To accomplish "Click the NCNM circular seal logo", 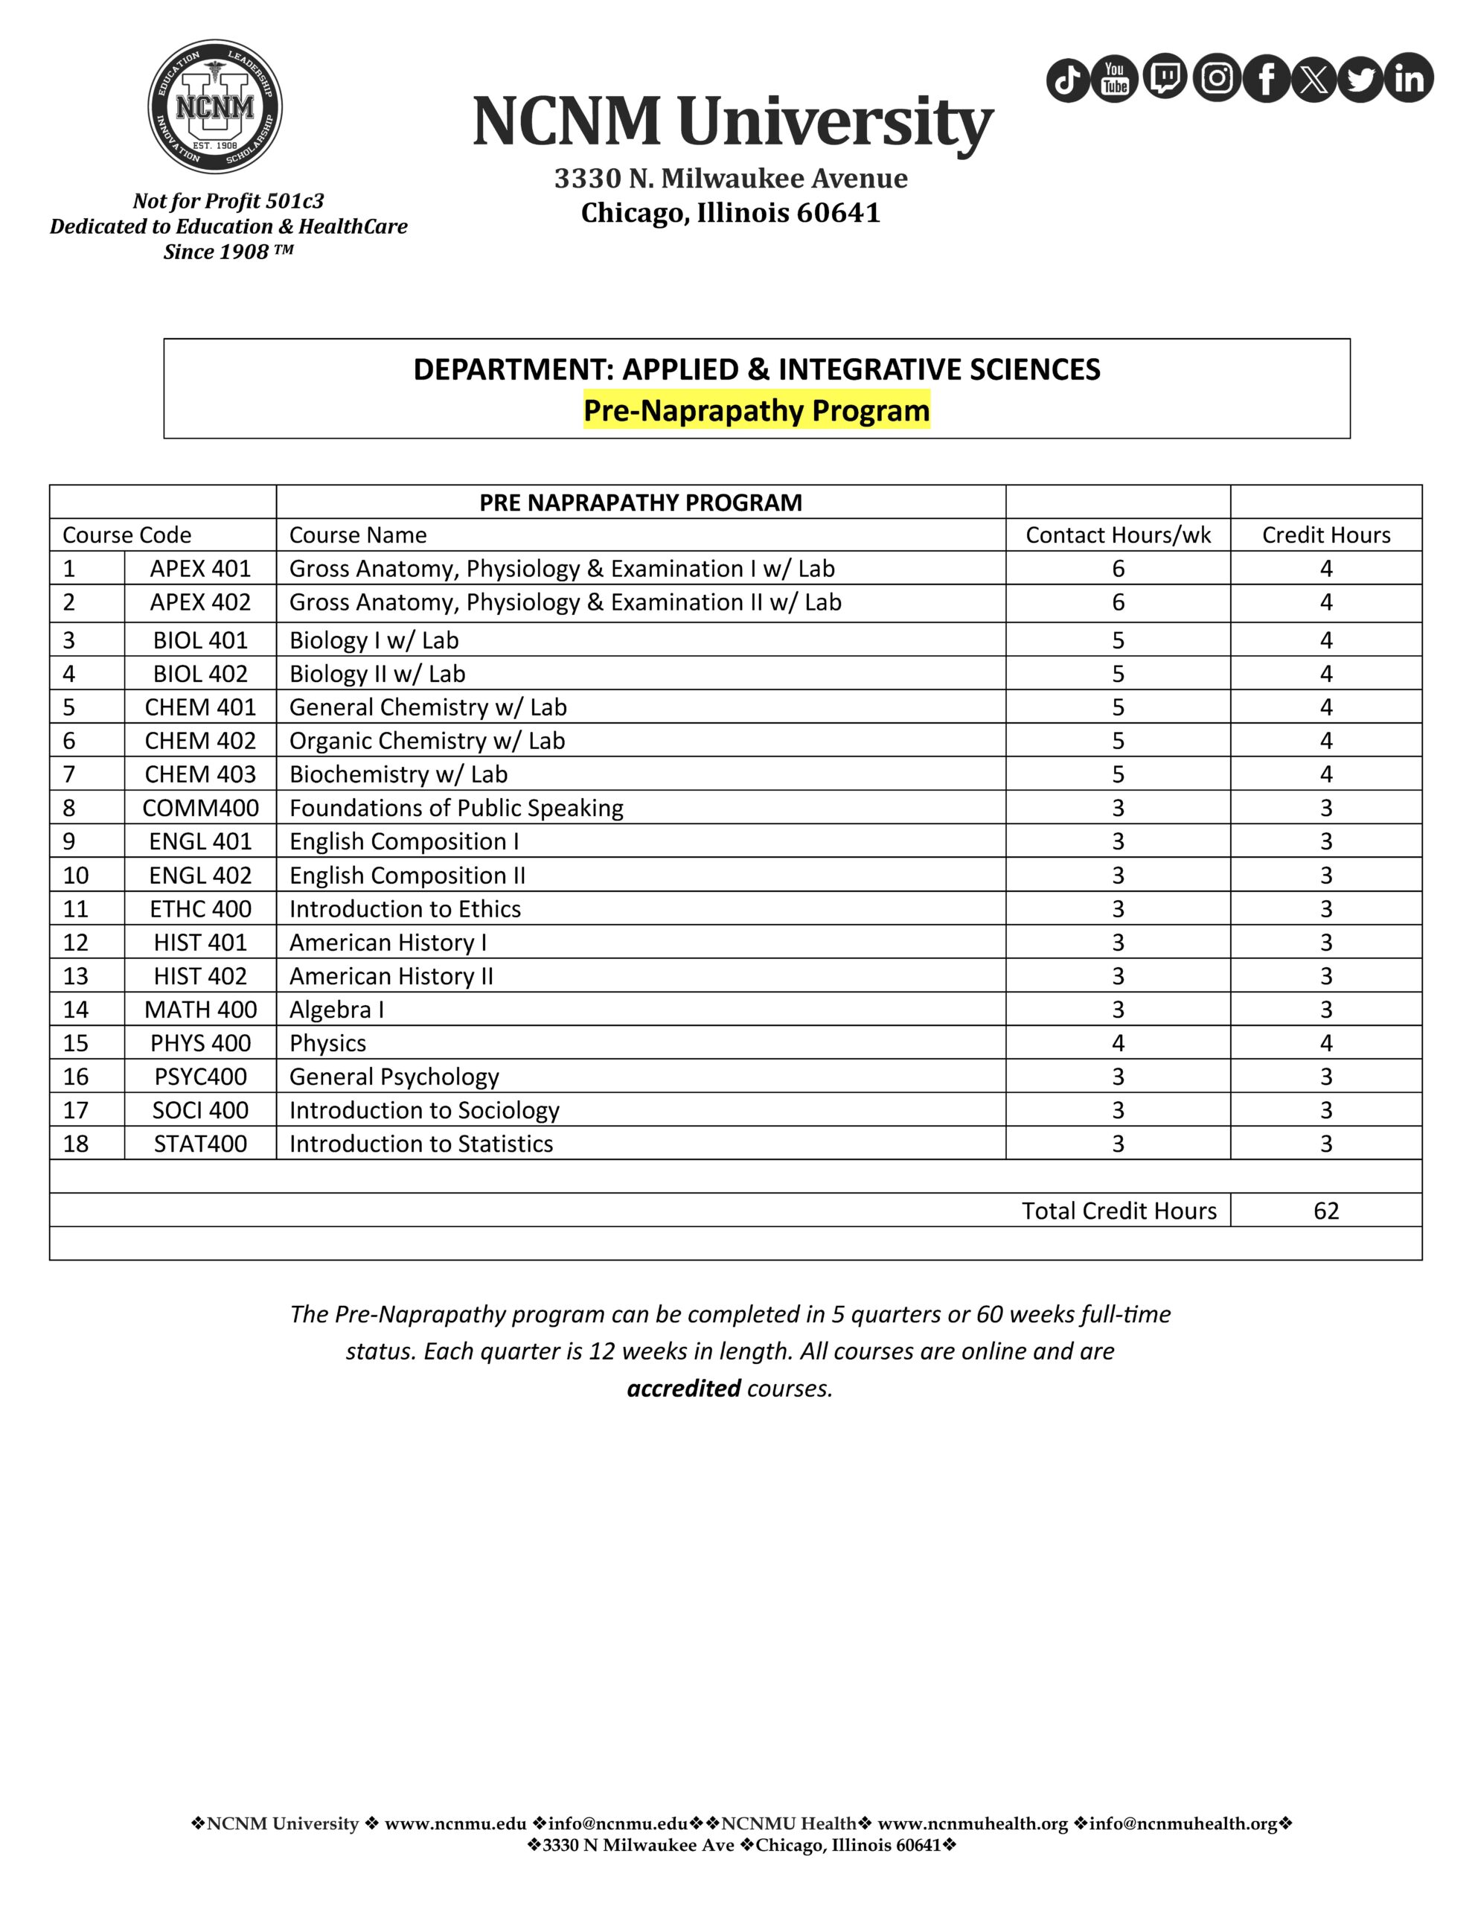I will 214,106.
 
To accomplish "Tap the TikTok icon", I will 1068,80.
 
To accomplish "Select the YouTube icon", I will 1115,78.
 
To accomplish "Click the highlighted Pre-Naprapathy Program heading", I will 757,410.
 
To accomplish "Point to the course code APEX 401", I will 200,569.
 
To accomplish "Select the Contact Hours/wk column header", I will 1118,535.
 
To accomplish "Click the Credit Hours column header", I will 1325,535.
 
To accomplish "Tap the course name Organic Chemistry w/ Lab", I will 426,741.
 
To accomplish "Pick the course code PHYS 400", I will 200,1043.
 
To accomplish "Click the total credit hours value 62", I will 1325,1211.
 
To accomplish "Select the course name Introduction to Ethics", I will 405,909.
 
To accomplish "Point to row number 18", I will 76,1144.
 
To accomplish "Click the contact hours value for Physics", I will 1118,1043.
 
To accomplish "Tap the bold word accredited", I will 683,1389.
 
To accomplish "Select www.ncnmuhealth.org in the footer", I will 972,1824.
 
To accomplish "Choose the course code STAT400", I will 200,1144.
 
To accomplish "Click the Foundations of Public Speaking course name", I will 456,808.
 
